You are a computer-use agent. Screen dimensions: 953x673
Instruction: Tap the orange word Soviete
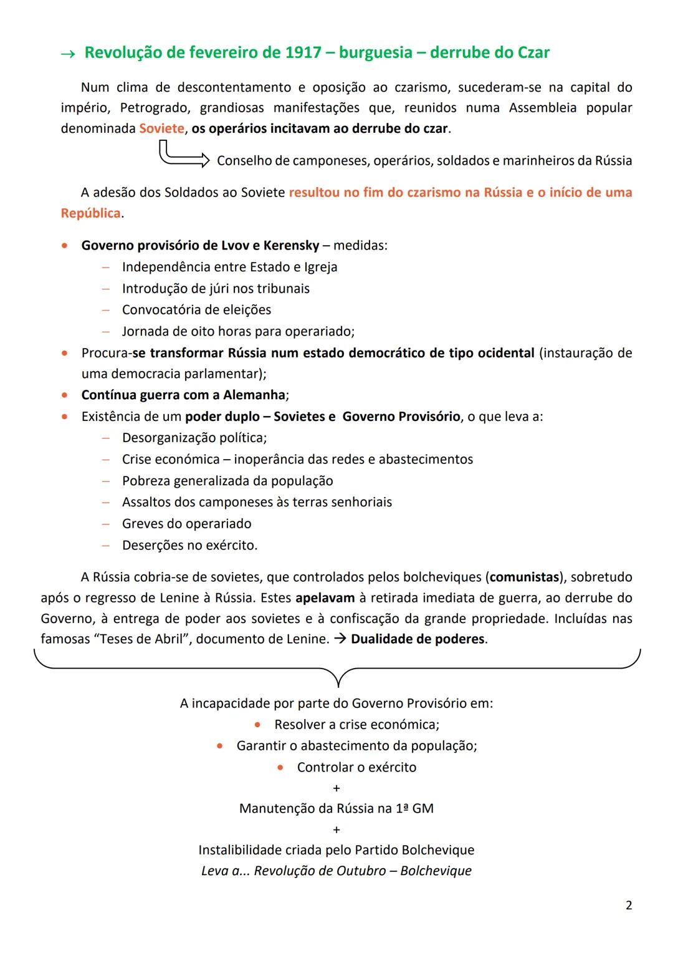click(161, 128)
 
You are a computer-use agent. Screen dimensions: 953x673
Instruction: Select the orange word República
click(90, 213)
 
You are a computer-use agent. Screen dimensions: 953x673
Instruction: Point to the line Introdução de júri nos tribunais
click(216, 289)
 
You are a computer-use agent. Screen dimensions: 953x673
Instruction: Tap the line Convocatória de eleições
click(196, 310)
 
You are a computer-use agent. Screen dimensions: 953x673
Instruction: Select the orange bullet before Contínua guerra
click(65, 395)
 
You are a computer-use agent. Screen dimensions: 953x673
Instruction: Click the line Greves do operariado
click(186, 524)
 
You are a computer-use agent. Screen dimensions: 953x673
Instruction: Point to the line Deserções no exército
click(189, 545)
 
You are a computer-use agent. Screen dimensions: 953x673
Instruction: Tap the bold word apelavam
click(325, 598)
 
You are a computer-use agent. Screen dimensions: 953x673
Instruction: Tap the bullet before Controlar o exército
click(280, 768)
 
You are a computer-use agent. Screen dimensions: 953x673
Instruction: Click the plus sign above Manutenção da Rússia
click(336, 788)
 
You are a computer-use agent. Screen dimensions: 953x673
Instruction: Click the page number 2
click(628, 905)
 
